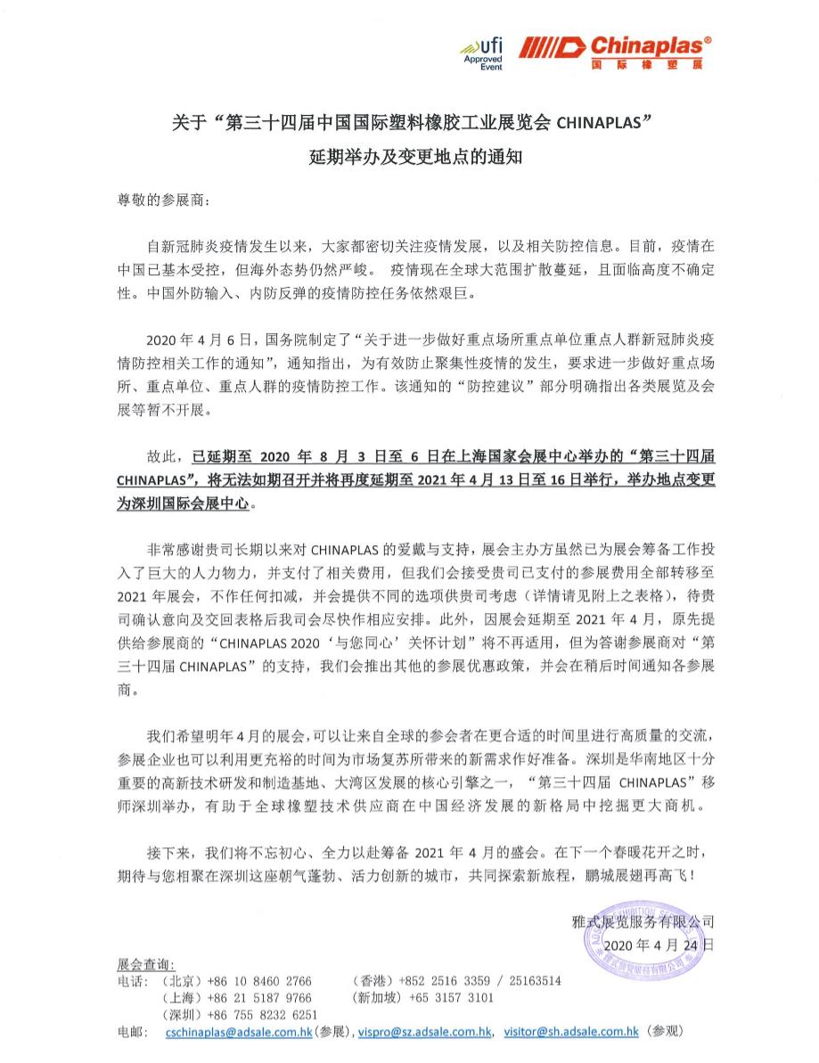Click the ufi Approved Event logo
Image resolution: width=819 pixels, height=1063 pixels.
(x=483, y=54)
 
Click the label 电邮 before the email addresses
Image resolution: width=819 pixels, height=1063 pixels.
(x=130, y=1031)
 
